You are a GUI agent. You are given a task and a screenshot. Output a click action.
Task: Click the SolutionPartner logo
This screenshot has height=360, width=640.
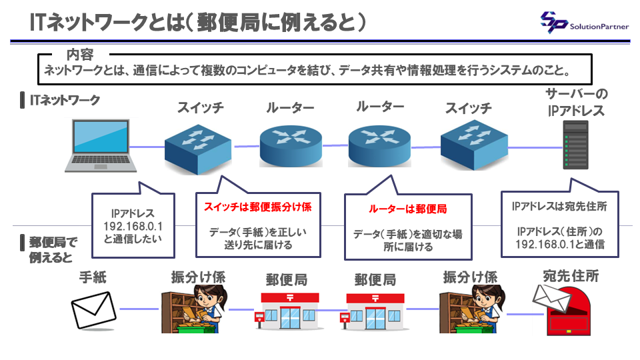[584, 23]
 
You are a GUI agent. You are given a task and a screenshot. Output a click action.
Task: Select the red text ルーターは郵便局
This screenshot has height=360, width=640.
[407, 209]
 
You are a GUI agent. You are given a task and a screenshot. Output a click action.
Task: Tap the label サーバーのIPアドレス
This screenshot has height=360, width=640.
[576, 102]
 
